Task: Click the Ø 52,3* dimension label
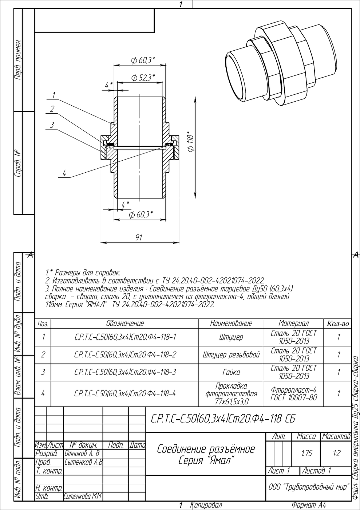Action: tap(143, 78)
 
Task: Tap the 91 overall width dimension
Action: tap(139, 238)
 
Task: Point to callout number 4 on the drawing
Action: tap(64, 173)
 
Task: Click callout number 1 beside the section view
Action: tap(54, 95)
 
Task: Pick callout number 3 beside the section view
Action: tap(52, 125)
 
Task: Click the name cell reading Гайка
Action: tap(231, 372)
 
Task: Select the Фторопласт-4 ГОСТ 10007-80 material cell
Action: tap(293, 394)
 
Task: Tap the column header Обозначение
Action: tap(125, 323)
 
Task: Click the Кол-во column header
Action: tap(338, 324)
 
